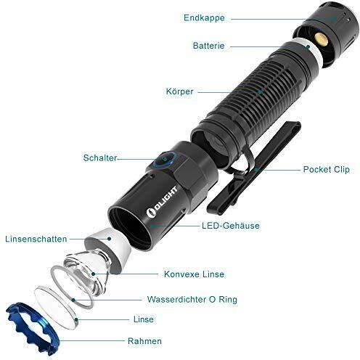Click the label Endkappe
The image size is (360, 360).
[x=204, y=18]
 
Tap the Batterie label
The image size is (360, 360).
[x=208, y=46]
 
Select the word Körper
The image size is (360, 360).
[x=179, y=91]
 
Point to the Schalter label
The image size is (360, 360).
[x=100, y=158]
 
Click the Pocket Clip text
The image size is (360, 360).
[x=327, y=169]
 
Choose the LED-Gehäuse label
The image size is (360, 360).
[x=231, y=226]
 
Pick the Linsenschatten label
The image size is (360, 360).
[x=36, y=239]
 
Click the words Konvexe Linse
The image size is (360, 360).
[x=194, y=274]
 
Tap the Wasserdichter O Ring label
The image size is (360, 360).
[x=192, y=299]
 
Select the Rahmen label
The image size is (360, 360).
[x=144, y=341]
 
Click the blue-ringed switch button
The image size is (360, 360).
[x=165, y=159]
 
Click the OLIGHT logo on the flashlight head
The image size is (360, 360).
[x=162, y=202]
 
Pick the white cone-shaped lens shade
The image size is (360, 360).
[x=108, y=250]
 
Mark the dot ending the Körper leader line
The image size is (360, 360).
[x=260, y=92]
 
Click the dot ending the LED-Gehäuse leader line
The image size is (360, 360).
[x=152, y=226]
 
